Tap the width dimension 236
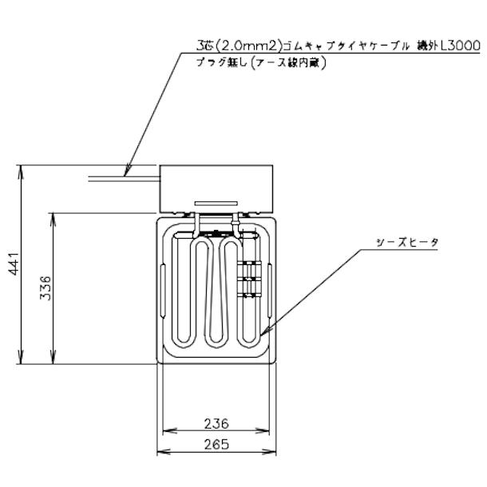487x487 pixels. tap(216, 424)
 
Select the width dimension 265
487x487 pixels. tap(216, 445)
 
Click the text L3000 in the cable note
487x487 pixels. tap(460, 47)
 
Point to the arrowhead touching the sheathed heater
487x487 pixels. tap(263, 331)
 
